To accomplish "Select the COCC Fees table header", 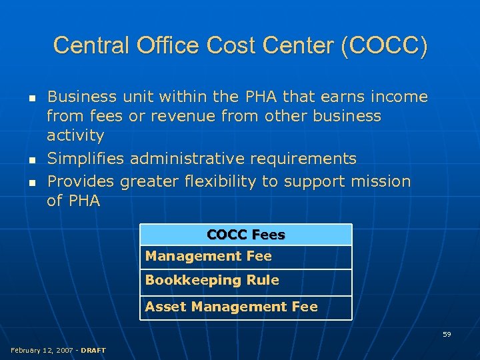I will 245,235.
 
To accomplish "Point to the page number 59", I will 447,334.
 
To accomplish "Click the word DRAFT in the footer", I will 93,350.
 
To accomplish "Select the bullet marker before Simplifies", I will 31,159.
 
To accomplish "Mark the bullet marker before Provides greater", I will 31,181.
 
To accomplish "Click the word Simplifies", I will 86,159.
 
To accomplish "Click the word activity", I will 75,136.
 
